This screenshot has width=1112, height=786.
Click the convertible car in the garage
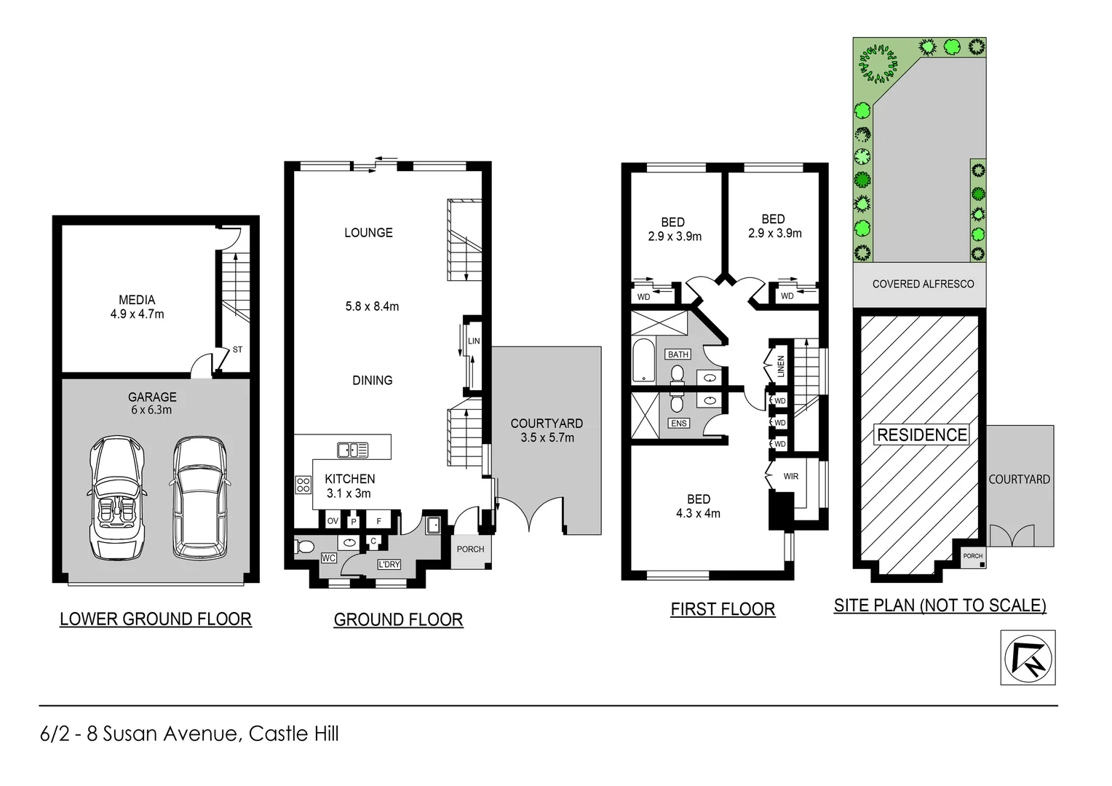tap(115, 499)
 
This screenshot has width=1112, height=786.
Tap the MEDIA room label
tap(137, 300)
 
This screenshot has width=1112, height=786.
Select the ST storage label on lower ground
tap(237, 350)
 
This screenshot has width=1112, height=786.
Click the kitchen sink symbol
tap(353, 450)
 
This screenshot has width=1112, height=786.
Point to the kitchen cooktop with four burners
tap(303, 484)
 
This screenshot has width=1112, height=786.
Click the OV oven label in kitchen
tap(333, 521)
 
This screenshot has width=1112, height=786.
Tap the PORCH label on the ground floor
tap(470, 549)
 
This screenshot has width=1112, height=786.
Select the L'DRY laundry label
tap(389, 564)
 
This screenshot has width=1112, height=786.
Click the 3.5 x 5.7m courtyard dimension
tap(547, 438)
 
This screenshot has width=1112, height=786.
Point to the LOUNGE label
tap(368, 233)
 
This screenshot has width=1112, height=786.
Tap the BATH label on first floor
tap(678, 354)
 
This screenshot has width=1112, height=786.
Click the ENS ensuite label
tap(678, 423)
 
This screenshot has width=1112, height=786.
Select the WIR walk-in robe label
tap(791, 477)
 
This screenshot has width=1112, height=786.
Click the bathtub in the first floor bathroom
tap(643, 360)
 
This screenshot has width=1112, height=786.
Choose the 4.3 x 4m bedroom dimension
tap(698, 513)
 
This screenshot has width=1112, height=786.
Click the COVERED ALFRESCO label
tap(923, 284)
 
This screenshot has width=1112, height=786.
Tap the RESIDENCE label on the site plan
tap(922, 435)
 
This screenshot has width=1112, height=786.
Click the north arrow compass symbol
tap(1028, 658)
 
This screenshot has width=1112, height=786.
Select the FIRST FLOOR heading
tap(723, 609)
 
